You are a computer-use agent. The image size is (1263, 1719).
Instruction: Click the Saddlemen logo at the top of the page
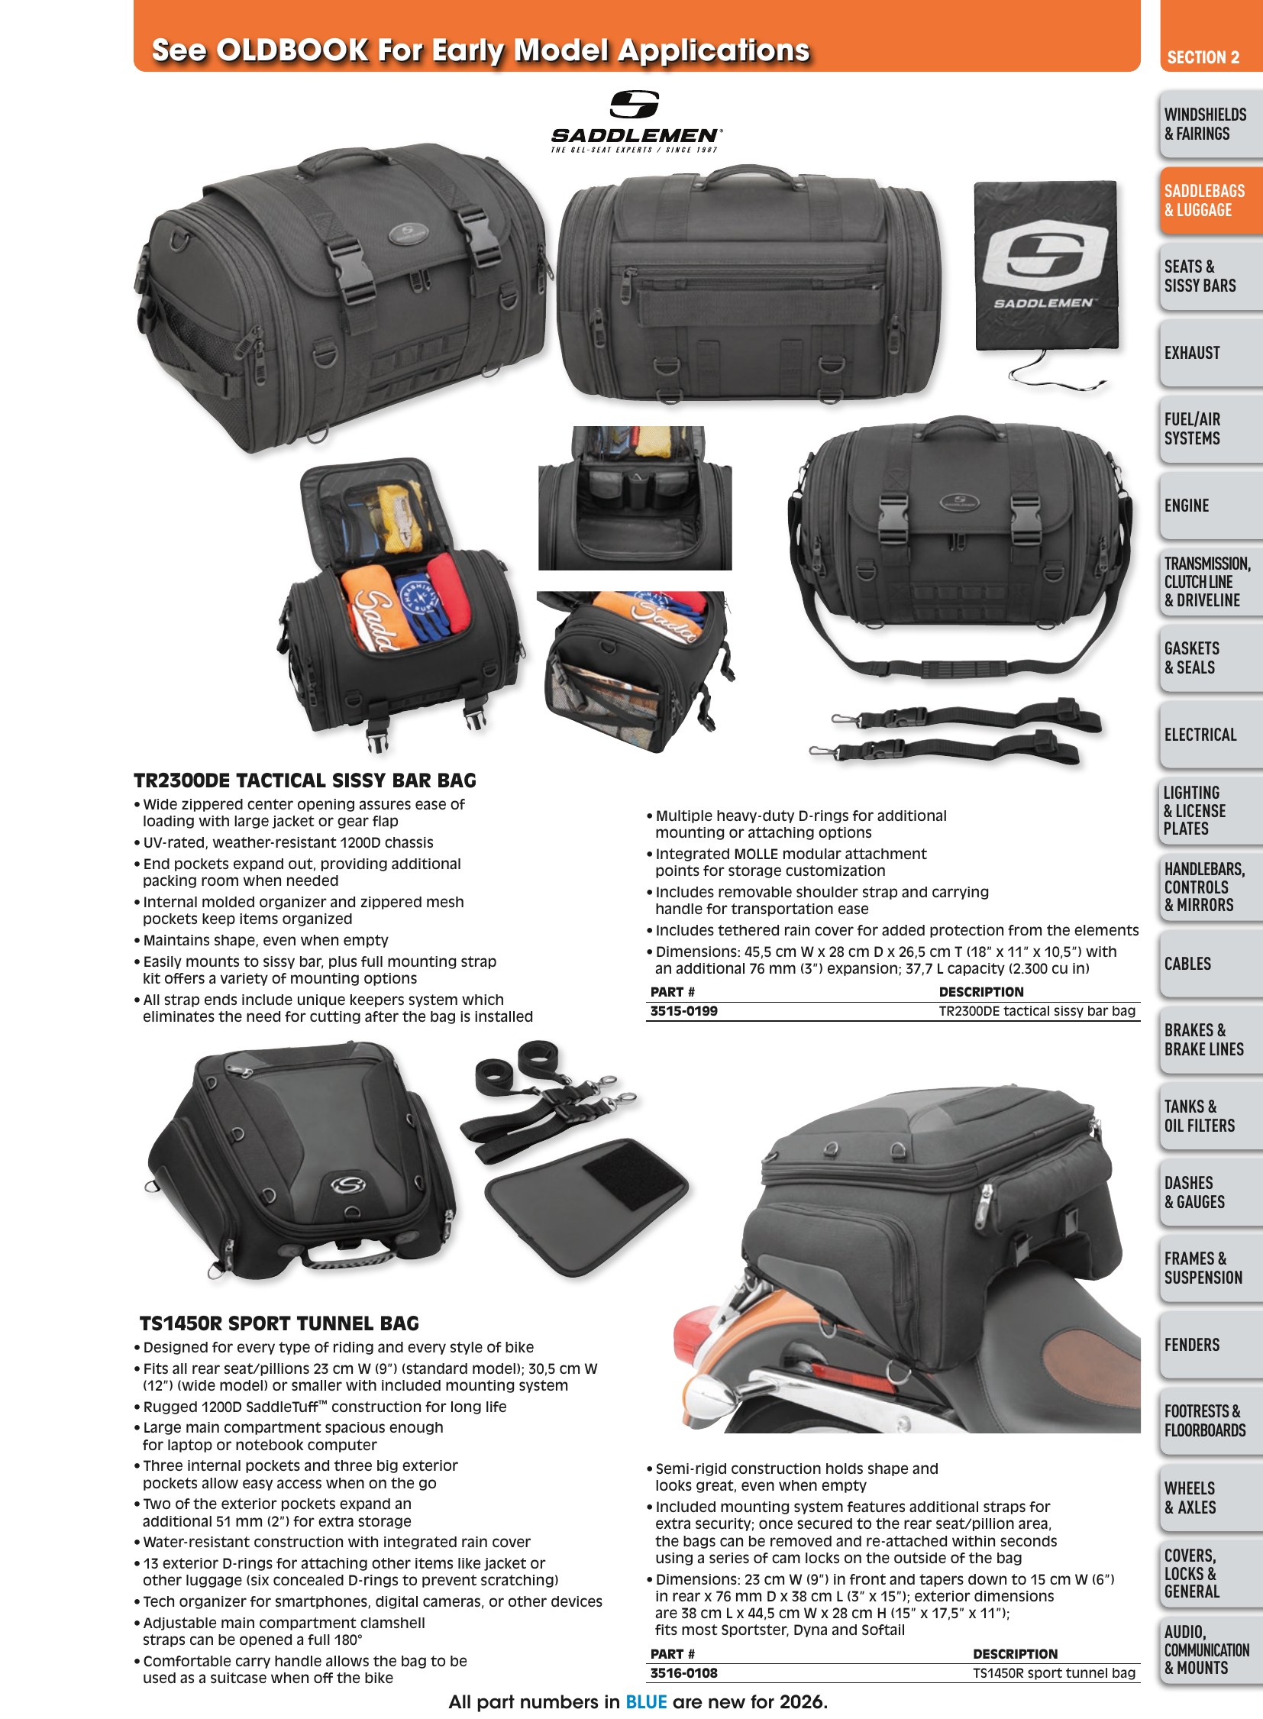635,121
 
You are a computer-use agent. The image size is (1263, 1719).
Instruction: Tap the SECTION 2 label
1203,57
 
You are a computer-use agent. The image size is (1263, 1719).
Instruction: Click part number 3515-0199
683,1011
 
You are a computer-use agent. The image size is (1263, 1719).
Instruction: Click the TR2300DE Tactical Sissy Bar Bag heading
305,780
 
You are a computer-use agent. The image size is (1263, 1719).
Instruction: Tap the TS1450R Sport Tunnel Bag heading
279,1323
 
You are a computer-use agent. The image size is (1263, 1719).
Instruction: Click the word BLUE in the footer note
646,1702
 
